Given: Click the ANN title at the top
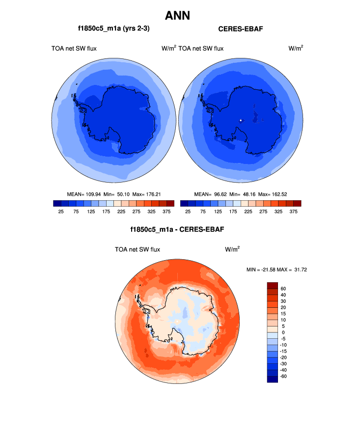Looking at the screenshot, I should tap(177, 15).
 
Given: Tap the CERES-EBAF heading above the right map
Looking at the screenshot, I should tap(241, 29).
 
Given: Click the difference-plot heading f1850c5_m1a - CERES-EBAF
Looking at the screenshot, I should tap(177, 229).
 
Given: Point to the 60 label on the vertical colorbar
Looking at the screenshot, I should tap(283, 289).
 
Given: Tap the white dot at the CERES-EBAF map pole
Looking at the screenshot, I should tap(241, 120).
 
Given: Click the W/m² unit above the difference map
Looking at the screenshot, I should tap(232, 249).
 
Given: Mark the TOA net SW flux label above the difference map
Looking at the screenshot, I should tap(137, 249).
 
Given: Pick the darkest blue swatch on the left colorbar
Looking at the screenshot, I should tap(57, 203).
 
